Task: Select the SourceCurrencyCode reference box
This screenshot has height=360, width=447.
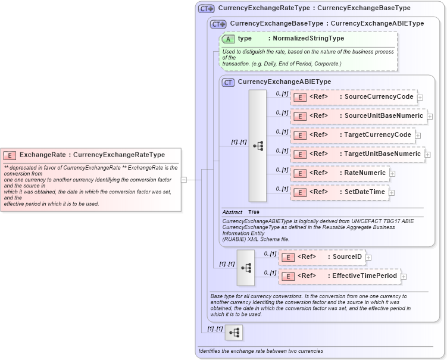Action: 354,97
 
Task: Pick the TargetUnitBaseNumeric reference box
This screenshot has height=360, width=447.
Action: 357,154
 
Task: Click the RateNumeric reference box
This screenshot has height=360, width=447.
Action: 339,173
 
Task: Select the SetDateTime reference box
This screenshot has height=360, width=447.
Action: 339,192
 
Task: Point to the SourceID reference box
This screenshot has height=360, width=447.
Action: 321,257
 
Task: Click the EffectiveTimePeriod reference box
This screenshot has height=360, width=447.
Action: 339,276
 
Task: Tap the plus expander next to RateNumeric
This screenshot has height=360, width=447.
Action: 392,174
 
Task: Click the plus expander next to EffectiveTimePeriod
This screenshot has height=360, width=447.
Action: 404,277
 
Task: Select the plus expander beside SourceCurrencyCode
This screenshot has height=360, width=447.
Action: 420,98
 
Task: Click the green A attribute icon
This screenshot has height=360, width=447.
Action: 228,39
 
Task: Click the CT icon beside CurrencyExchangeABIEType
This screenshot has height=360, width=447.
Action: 228,82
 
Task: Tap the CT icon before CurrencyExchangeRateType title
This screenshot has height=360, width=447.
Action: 207,9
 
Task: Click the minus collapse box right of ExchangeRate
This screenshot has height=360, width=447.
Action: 185,179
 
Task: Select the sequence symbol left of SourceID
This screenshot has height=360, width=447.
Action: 246,267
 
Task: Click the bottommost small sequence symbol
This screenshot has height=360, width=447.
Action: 234,333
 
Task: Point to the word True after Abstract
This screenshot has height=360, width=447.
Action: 254,212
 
